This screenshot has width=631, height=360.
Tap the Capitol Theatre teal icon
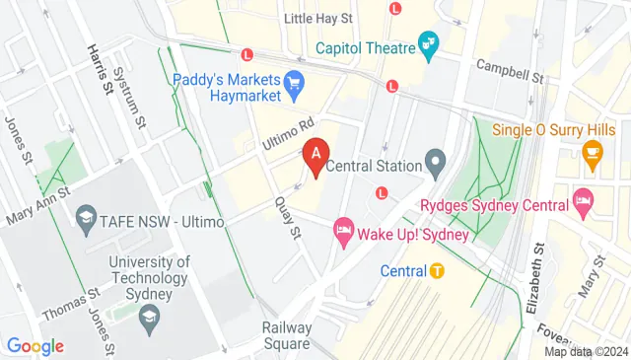coord(428,43)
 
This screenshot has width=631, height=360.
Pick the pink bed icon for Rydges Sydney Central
coord(583,203)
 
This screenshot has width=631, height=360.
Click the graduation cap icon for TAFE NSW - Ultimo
coord(87,218)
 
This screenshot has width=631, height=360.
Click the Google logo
coord(35,346)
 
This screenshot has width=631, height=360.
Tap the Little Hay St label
coord(317,19)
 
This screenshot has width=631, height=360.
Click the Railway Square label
coord(287,335)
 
